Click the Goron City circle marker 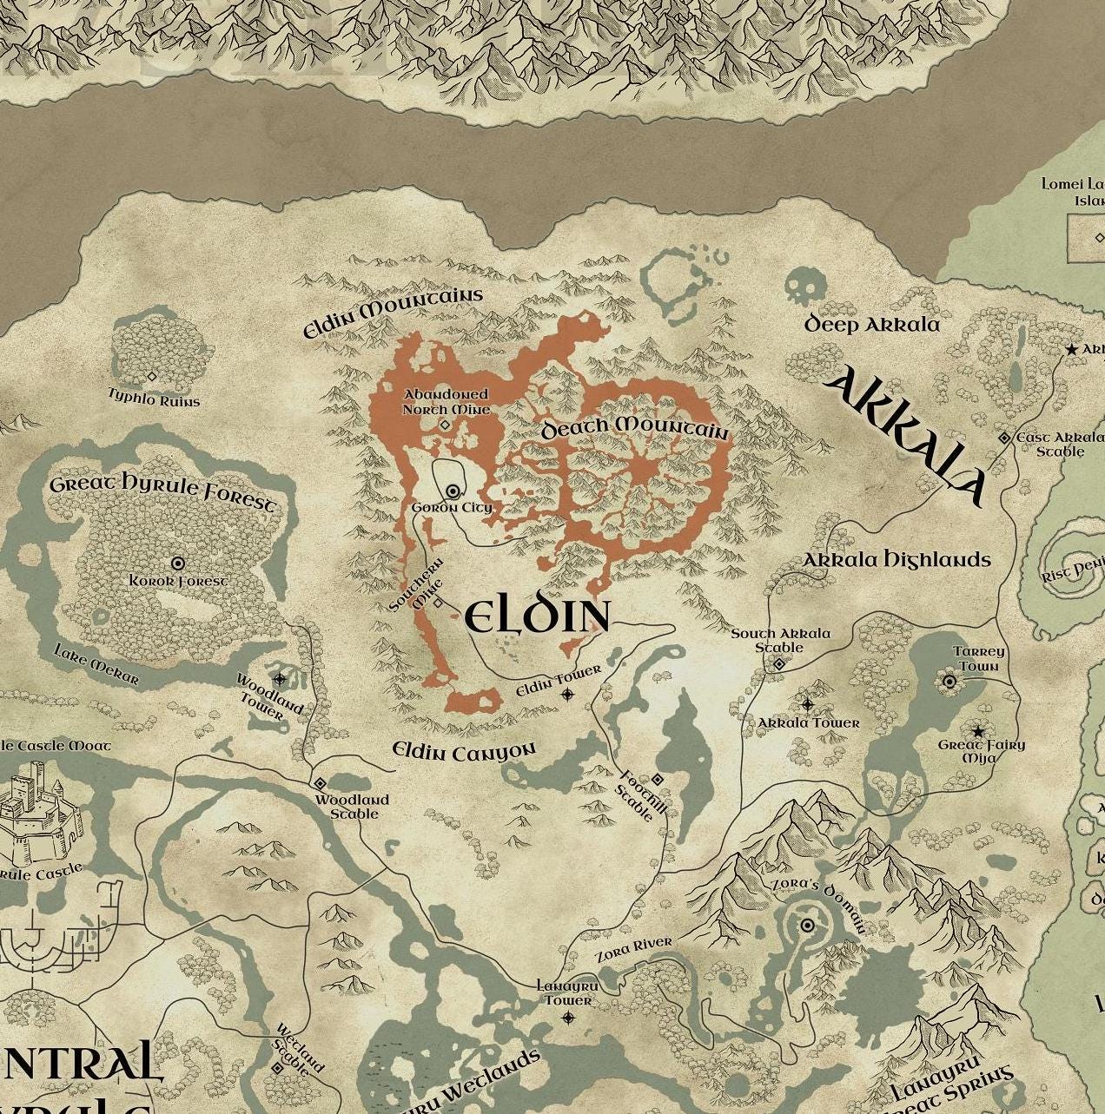click(x=453, y=491)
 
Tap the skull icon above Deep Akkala click(x=800, y=286)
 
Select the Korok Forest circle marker click(x=178, y=564)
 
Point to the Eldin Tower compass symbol click(x=567, y=694)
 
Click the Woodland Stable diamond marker click(x=320, y=783)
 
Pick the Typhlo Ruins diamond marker click(x=151, y=377)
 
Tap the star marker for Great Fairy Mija click(x=978, y=731)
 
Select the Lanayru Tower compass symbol click(x=568, y=1018)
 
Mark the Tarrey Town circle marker click(x=950, y=682)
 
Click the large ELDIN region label click(x=537, y=617)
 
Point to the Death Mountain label click(x=635, y=428)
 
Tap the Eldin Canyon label click(x=464, y=751)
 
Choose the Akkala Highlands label click(x=896, y=560)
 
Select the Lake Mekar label click(x=96, y=665)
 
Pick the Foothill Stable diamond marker click(x=658, y=779)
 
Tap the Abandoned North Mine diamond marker click(x=446, y=425)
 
